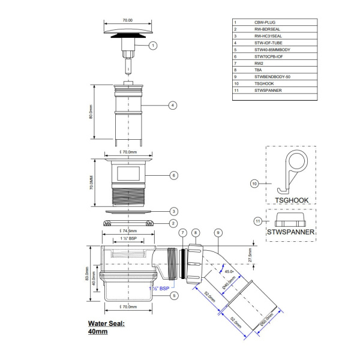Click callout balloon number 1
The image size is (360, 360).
point(152,45)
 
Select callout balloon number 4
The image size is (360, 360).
point(172,105)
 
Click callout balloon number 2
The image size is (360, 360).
point(172,223)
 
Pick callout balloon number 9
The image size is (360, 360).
point(218,232)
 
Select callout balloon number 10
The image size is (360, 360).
point(254,184)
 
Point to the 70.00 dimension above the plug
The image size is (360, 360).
point(128,20)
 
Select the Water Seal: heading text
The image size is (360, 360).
point(107,323)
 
